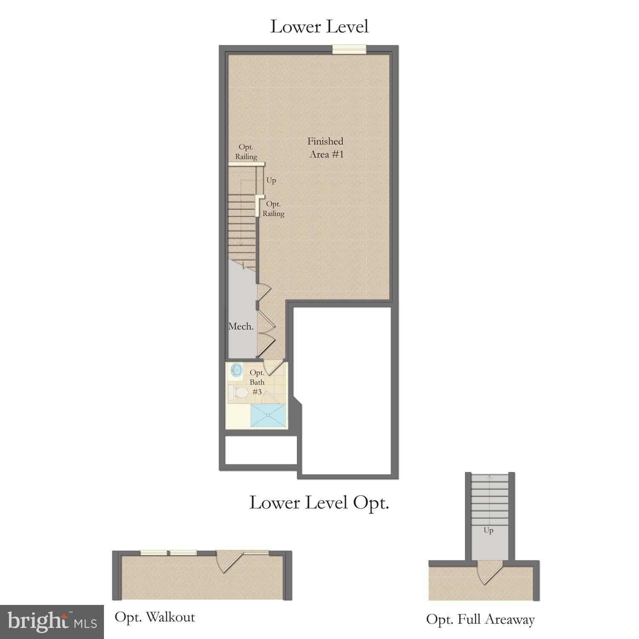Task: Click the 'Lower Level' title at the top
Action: point(319,26)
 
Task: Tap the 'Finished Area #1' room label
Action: point(326,148)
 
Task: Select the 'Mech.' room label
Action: point(241,327)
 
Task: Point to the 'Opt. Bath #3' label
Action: point(257,382)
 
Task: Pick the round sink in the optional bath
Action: point(236,369)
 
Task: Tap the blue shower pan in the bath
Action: point(268,415)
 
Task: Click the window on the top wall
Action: point(349,49)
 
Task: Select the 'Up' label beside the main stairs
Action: point(271,181)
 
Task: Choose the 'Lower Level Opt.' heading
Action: point(319,503)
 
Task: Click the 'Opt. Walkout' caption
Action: point(155,617)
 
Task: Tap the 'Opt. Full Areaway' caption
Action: point(480,619)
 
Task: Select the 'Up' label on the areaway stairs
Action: point(488,530)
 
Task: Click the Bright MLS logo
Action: point(52,622)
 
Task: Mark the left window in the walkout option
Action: point(154,553)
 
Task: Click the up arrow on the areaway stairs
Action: point(490,479)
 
